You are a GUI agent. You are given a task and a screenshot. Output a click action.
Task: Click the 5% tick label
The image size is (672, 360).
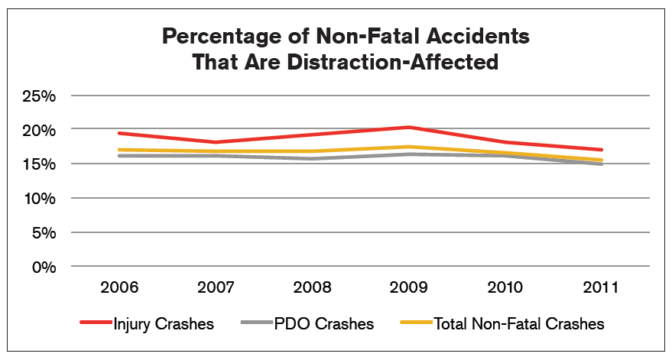tap(43, 232)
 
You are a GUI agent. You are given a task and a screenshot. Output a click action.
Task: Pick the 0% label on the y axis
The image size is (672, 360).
tap(43, 267)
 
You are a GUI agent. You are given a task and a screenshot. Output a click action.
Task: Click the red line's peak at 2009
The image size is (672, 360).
tap(408, 127)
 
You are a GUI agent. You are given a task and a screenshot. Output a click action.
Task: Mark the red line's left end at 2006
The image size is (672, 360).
tap(120, 133)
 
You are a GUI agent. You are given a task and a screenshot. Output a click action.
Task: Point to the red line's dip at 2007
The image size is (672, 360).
tap(216, 142)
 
